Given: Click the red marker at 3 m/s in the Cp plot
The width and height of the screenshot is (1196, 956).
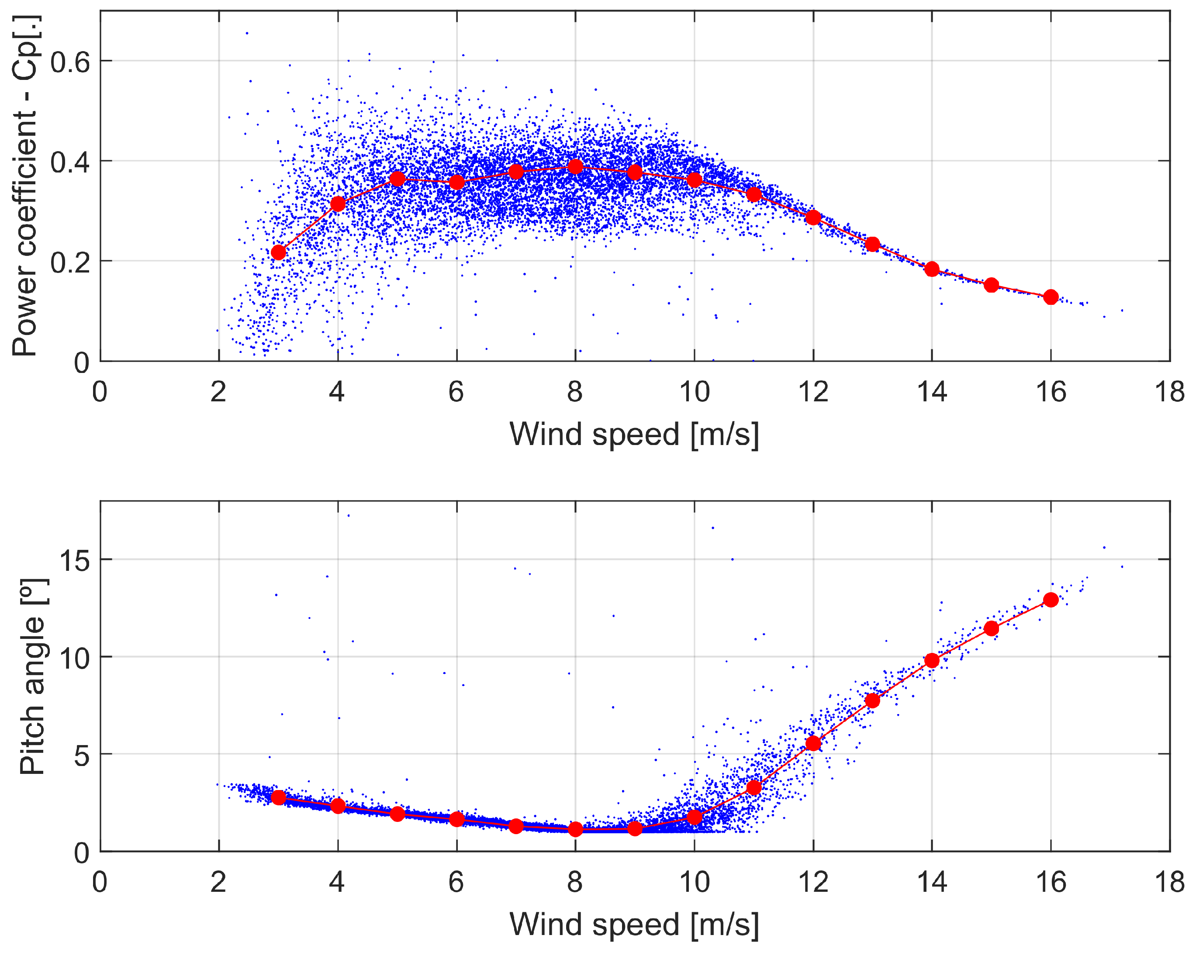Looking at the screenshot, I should click(279, 252).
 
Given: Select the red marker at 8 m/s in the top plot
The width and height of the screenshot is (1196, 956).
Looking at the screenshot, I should click(575, 167).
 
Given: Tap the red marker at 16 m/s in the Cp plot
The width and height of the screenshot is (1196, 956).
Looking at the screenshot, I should click(1051, 297).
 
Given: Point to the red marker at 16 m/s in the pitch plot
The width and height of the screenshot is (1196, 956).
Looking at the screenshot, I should click(1051, 600).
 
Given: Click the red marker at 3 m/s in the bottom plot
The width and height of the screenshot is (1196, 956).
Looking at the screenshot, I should click(279, 797).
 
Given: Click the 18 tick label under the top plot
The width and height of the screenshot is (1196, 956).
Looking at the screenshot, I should click(1169, 392).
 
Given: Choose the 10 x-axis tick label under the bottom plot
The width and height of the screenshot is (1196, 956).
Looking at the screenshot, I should click(694, 882).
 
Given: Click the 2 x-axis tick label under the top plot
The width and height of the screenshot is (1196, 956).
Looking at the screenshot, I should click(218, 392).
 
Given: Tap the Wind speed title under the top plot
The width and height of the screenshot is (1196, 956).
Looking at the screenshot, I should click(634, 434).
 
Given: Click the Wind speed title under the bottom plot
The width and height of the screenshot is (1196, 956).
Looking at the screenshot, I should click(634, 924).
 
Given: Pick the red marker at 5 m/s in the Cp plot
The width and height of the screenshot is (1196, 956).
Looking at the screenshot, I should click(397, 179).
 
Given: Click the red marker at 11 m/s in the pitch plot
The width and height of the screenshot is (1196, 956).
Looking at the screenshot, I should click(754, 787).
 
